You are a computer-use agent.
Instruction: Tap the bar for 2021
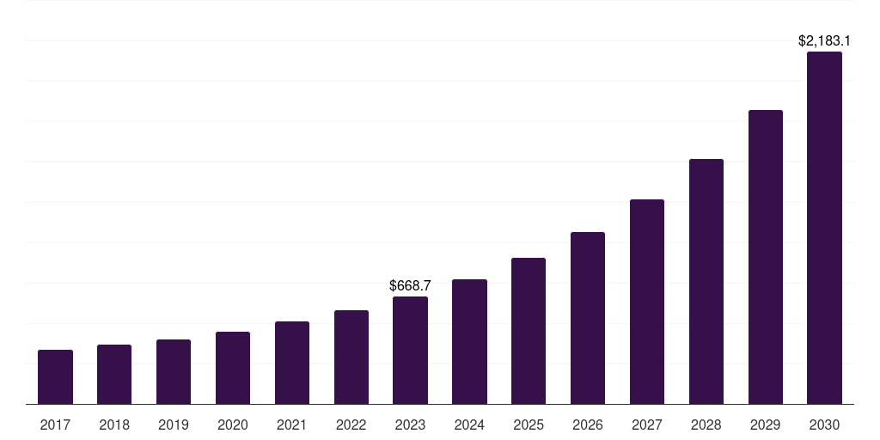(292, 363)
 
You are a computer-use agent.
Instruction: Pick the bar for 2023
(410, 350)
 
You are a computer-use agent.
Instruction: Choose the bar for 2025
(529, 331)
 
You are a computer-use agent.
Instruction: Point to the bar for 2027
(647, 302)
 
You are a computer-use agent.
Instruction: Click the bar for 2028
(706, 281)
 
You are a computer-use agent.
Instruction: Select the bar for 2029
(766, 257)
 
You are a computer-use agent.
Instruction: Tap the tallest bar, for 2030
(824, 228)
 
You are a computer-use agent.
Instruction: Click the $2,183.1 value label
(824, 40)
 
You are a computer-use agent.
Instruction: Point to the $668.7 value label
(410, 285)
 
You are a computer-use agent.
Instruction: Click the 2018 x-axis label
(114, 425)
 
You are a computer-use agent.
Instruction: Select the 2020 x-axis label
(233, 425)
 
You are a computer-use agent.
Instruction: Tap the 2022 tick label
(351, 425)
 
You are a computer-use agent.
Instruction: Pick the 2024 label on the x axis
(469, 425)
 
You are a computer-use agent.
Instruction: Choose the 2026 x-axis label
(588, 425)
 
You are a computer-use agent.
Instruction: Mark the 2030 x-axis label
(824, 425)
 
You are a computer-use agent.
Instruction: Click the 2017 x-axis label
(55, 425)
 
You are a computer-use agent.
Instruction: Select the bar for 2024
(469, 341)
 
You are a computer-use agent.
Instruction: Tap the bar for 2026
(588, 318)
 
